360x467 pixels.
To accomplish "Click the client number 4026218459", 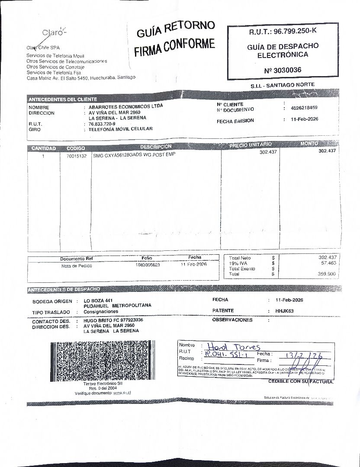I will click(304, 108).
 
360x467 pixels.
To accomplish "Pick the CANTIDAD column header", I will click(43, 148).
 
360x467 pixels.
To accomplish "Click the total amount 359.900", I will click(327, 274).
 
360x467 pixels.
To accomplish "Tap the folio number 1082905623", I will click(148, 265).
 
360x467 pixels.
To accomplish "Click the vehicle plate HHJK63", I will click(285, 310).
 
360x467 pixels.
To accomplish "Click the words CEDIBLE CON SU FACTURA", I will click(301, 382).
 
